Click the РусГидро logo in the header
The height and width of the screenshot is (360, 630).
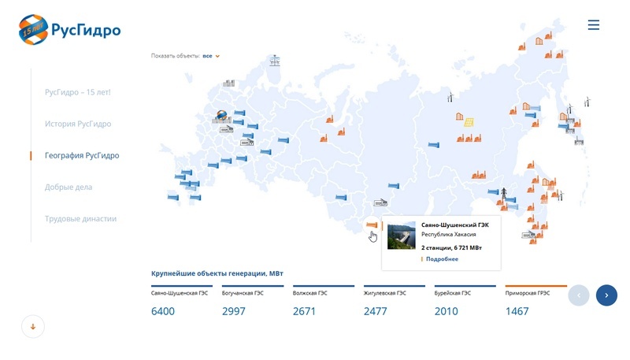pos(69,30)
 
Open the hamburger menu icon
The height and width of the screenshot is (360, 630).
pos(594,25)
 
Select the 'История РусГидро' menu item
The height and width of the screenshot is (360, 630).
pos(78,124)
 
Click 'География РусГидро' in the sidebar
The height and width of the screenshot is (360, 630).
pos(82,155)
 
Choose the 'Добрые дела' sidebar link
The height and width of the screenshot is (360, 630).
pos(69,187)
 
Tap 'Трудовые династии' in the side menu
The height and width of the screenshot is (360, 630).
pos(81,218)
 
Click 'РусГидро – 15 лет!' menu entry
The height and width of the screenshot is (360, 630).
pos(77,92)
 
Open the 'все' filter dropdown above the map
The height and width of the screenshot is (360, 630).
pos(211,56)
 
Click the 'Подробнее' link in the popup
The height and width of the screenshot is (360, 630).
pos(442,259)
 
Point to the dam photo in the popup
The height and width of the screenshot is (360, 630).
pos(401,235)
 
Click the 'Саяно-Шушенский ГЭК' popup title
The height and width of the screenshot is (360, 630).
pos(455,225)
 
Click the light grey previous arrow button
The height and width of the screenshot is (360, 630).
pos(579,295)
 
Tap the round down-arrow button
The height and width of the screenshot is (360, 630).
pos(33,327)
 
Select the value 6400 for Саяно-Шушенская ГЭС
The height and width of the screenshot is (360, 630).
pos(163,311)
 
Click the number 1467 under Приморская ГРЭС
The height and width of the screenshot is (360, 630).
pos(517,311)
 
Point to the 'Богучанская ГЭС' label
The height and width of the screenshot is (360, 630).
pos(243,293)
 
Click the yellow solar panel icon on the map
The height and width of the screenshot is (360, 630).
pos(469,122)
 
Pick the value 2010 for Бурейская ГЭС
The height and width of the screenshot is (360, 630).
pos(446,311)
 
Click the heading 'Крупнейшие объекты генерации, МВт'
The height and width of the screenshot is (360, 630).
pos(217,273)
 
